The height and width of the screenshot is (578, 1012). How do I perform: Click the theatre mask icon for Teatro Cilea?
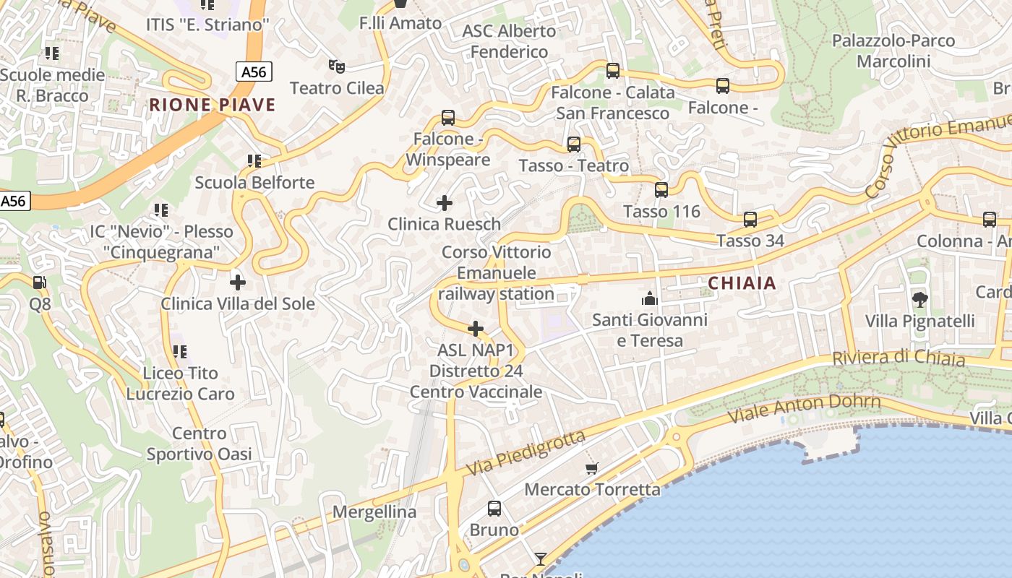[336, 66]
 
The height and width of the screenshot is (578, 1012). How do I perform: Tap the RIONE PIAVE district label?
[213, 105]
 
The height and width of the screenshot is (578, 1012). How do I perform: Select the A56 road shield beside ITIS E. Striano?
[254, 71]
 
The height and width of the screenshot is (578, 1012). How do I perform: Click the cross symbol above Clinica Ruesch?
[445, 203]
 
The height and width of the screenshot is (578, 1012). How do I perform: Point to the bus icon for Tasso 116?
[661, 190]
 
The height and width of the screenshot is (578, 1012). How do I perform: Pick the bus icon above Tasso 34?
[750, 219]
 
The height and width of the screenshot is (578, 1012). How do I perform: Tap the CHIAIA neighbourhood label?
[742, 283]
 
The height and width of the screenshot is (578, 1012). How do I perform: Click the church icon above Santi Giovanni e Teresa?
[649, 298]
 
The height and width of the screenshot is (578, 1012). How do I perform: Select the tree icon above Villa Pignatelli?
[920, 299]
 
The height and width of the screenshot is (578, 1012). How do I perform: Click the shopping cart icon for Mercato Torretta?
[592, 468]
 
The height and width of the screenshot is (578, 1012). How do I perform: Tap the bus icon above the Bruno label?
[494, 509]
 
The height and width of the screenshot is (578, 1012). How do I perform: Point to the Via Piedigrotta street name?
[525, 453]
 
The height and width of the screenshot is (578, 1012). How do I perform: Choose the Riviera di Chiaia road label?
[898, 358]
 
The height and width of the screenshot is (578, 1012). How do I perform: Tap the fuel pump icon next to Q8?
[40, 282]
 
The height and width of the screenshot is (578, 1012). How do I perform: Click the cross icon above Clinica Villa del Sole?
[238, 282]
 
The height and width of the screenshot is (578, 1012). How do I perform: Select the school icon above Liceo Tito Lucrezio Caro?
[180, 352]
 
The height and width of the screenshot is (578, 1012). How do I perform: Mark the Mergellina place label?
[374, 512]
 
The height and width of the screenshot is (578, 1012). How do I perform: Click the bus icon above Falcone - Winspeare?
[448, 117]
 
